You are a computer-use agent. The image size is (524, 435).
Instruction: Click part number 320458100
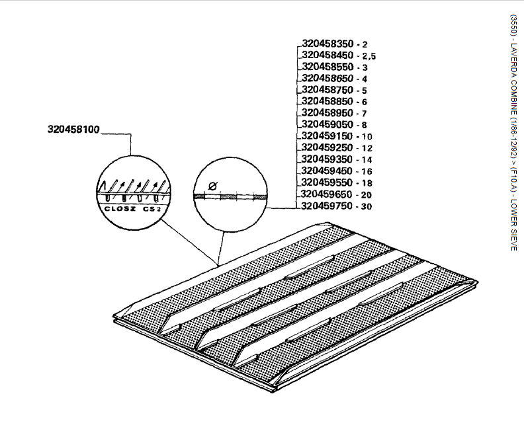tap(73, 130)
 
